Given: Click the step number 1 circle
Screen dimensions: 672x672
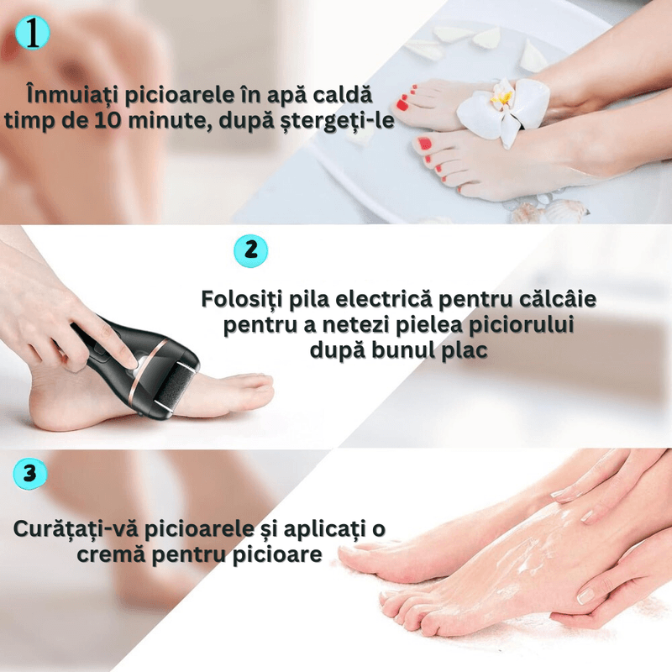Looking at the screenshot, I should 33,33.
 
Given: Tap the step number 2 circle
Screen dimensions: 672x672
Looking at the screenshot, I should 250,250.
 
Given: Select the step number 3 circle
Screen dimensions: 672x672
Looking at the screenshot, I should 30,474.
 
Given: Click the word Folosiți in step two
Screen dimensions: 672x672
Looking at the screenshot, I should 240,299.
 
